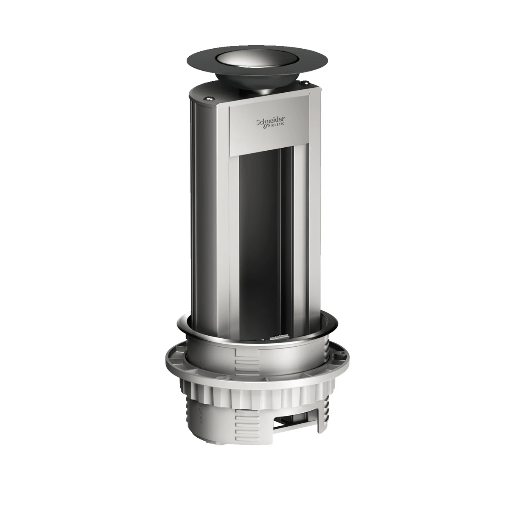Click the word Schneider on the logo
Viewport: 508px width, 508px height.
tap(270, 122)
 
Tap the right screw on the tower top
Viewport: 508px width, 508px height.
tap(306, 83)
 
